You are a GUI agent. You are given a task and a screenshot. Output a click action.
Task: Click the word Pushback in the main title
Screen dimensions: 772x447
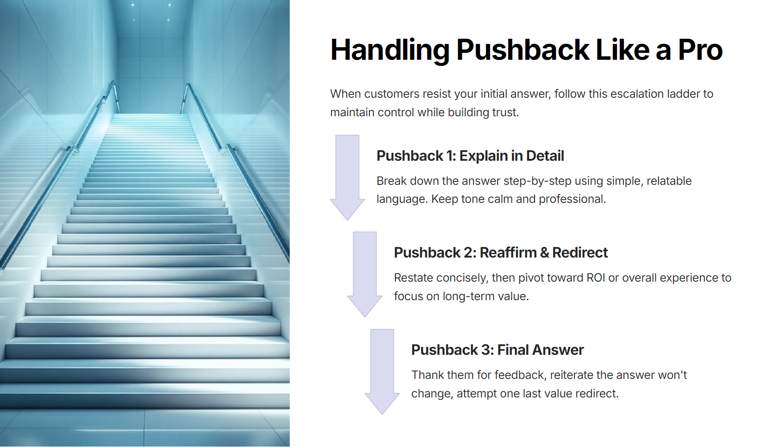(523, 50)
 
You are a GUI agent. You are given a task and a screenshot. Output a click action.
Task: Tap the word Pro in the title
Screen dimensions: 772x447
(700, 50)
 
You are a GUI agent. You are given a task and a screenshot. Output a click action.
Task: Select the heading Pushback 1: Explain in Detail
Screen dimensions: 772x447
(470, 156)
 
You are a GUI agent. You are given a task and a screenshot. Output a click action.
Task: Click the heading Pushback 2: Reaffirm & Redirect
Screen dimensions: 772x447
(501, 253)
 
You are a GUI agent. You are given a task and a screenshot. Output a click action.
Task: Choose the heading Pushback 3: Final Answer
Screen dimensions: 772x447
(498, 350)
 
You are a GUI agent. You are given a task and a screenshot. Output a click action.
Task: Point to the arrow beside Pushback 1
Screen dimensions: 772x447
(348, 177)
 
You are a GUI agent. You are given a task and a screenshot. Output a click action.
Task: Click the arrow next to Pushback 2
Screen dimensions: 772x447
(365, 275)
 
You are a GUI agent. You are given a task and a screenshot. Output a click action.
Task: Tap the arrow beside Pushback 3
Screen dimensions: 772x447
(382, 372)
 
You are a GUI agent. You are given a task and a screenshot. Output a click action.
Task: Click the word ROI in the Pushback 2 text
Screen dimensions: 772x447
(596, 278)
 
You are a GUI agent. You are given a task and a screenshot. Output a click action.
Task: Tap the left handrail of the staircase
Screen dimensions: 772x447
(59, 172)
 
